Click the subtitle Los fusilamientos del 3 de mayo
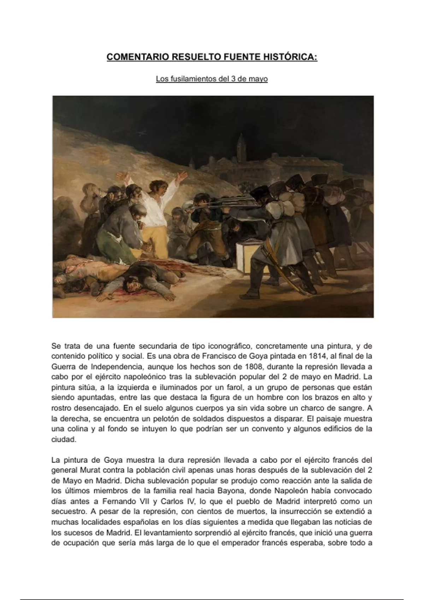point(212,79)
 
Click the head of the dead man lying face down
point(131,281)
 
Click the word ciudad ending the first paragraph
point(64,439)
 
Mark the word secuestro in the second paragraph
point(67,512)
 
